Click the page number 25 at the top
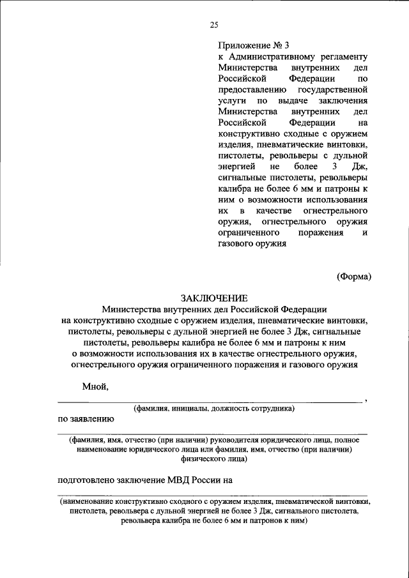pos(213,25)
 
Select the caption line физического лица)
pos(213,459)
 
